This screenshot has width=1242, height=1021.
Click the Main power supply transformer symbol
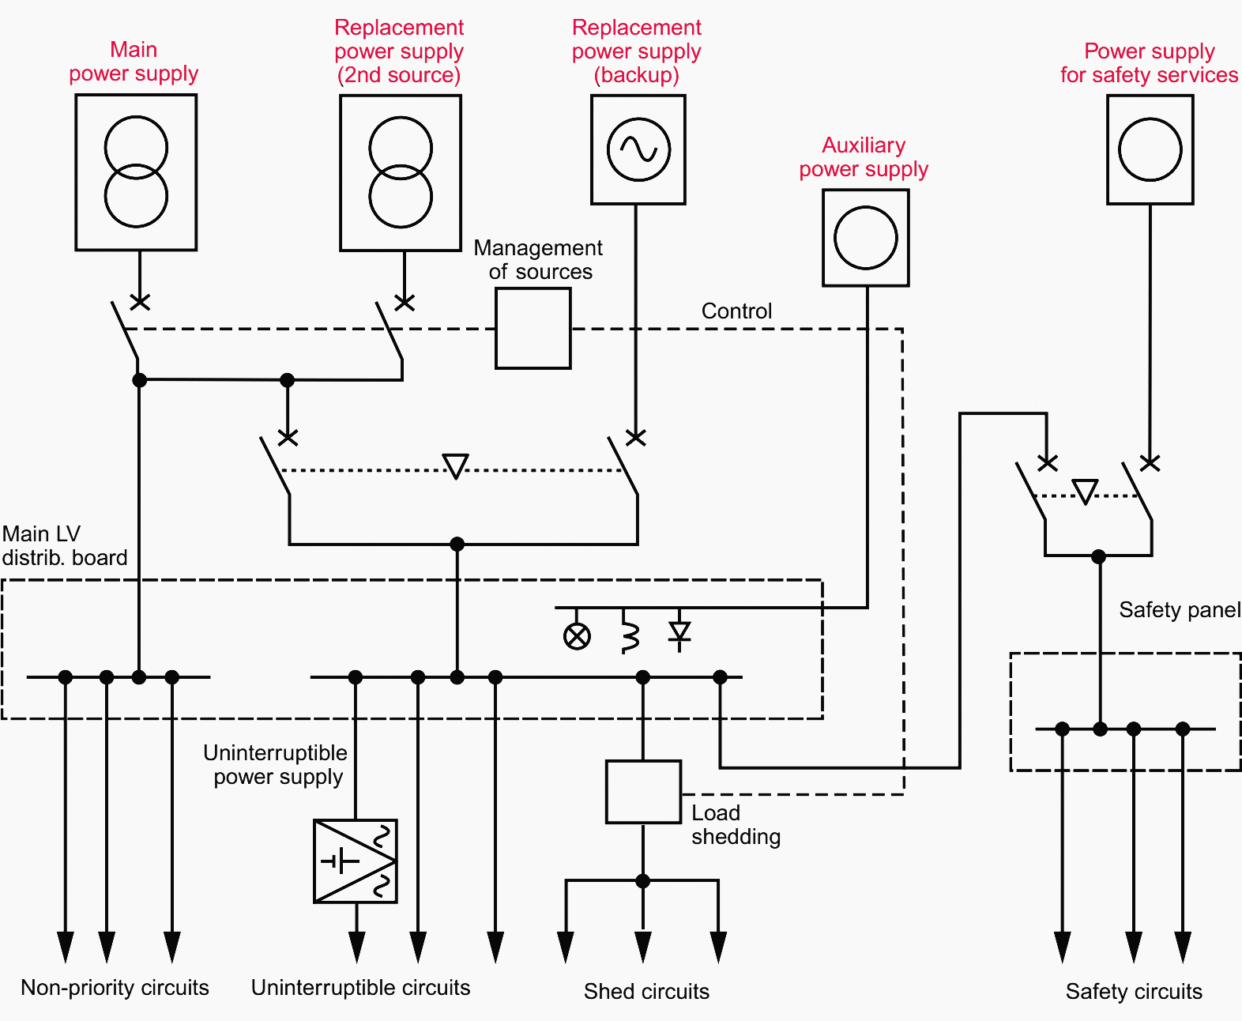136,172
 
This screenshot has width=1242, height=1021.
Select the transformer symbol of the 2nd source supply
401,172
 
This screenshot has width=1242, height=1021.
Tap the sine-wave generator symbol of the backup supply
638,149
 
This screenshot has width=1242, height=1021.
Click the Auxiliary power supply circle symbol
866,237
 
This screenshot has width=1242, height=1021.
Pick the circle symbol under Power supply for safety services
1150,149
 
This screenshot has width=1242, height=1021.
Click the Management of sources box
533,328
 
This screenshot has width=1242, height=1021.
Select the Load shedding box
643,792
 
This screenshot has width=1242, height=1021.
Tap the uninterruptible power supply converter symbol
356,861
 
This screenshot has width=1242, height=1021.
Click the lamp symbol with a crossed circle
577,635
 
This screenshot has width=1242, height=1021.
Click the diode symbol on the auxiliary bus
679,633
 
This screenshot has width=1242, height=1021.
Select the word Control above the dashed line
736,311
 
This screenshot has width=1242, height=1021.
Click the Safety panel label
1179,610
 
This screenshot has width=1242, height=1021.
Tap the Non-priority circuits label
115,988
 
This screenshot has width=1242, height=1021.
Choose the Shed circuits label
646,992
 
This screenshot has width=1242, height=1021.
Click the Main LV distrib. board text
65,546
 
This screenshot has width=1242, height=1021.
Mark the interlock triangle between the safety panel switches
1085,491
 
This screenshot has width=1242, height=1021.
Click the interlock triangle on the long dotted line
456,465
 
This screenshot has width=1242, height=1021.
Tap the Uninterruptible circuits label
360,988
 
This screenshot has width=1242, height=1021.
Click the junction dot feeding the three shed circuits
643,880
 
